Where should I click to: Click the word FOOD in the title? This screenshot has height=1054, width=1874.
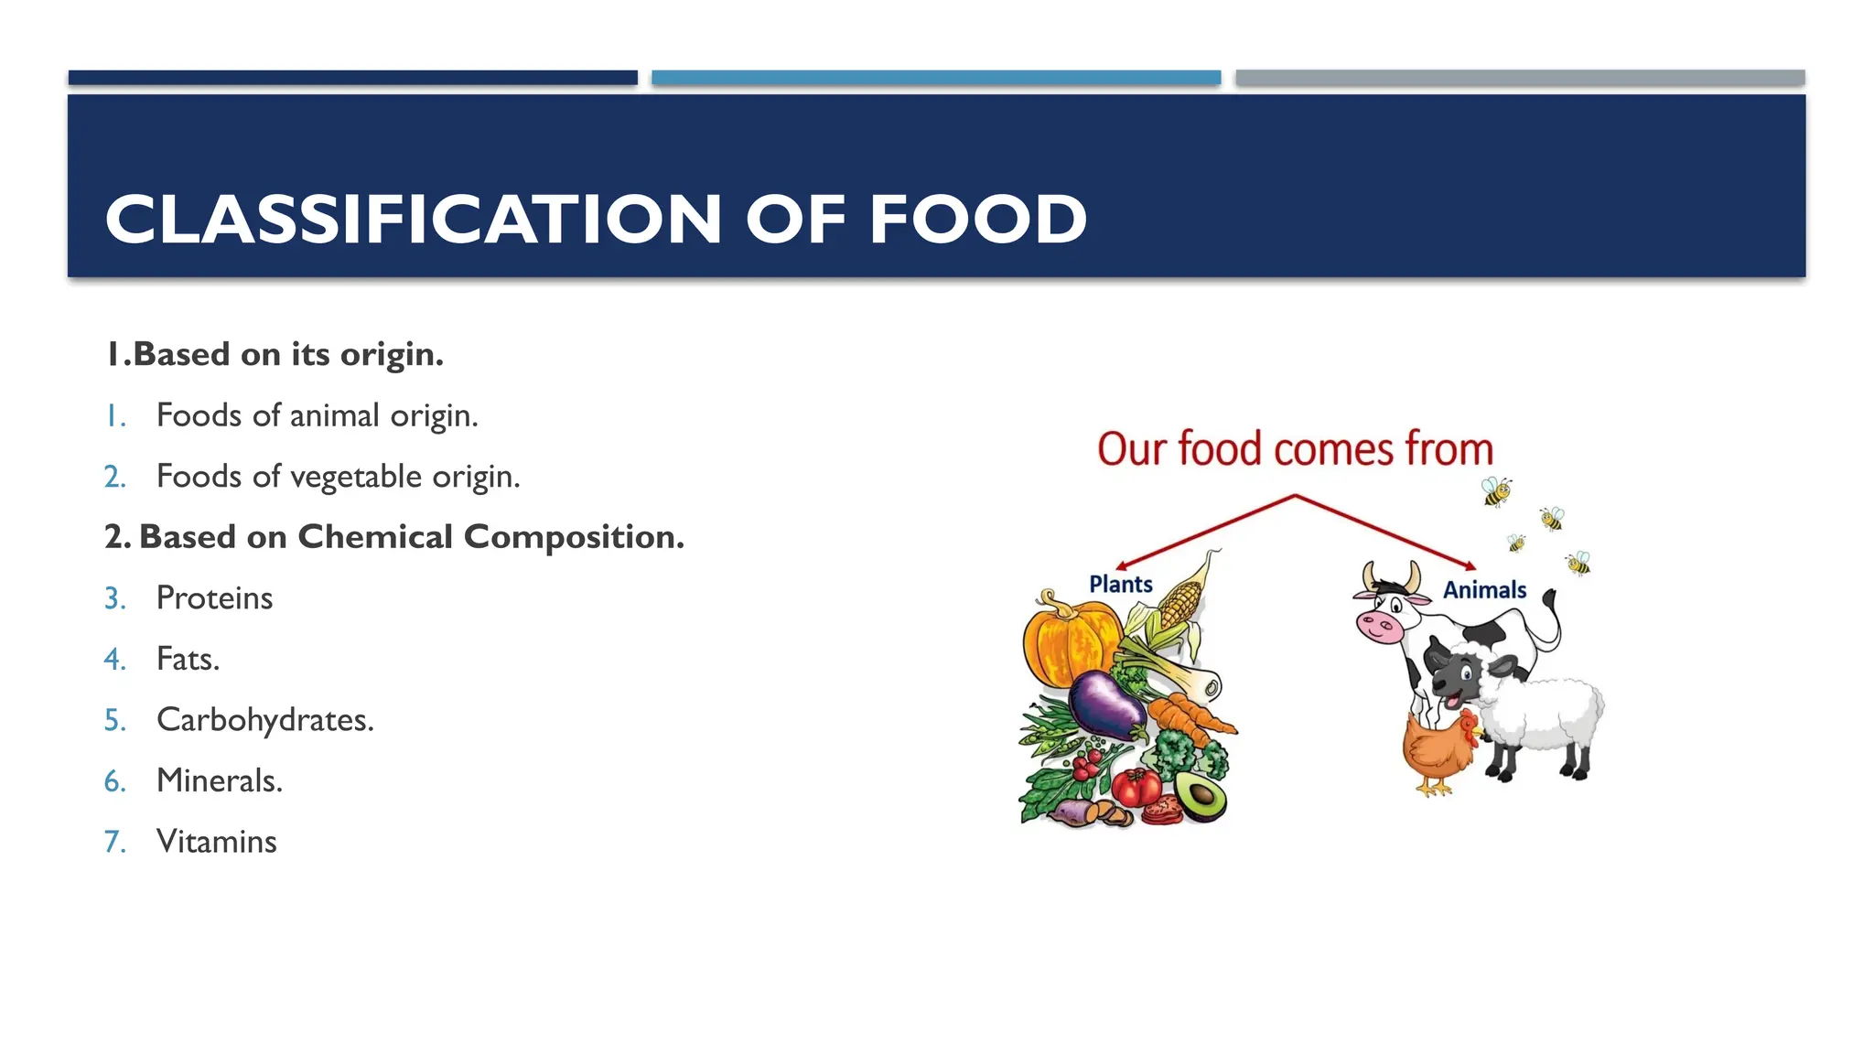click(977, 220)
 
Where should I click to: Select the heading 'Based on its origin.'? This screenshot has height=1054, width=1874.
click(288, 354)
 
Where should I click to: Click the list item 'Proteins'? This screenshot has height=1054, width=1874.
click(214, 598)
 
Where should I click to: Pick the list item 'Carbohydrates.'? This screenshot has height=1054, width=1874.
click(265, 720)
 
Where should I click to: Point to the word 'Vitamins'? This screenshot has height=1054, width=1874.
click(216, 842)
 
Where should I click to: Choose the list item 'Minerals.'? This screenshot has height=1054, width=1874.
click(220, 780)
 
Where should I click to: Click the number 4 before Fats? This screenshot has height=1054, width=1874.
click(113, 659)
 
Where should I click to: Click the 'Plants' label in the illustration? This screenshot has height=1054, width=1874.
click(1120, 585)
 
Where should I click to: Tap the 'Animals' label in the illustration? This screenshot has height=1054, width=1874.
click(1484, 590)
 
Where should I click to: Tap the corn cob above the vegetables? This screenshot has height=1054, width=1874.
click(1182, 599)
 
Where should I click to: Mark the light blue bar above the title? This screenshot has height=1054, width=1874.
click(935, 78)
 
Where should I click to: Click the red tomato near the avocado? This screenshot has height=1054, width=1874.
click(1136, 785)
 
